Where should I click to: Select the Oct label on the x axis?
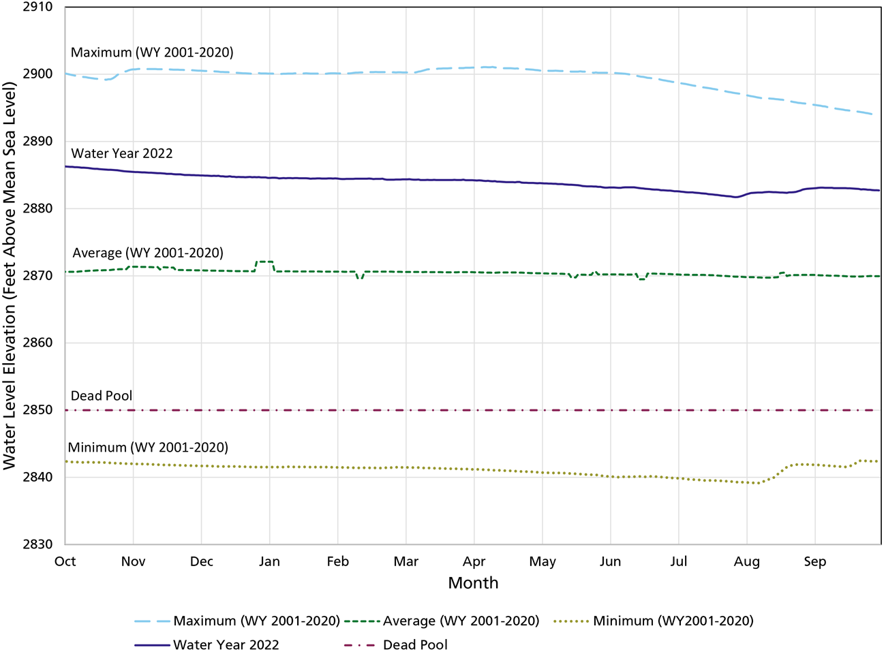click(x=65, y=561)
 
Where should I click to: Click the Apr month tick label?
click(x=474, y=561)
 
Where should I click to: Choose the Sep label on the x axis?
click(x=814, y=561)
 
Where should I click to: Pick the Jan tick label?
click(x=269, y=561)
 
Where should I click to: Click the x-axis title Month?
click(x=473, y=583)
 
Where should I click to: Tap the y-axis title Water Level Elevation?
click(x=10, y=275)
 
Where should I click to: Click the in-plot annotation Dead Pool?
click(x=102, y=396)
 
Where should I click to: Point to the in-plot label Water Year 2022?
click(x=122, y=153)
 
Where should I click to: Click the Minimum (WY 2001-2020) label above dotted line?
click(x=148, y=448)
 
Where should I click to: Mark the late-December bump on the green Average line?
click(x=264, y=262)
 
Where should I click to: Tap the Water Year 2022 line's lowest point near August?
click(x=735, y=197)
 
